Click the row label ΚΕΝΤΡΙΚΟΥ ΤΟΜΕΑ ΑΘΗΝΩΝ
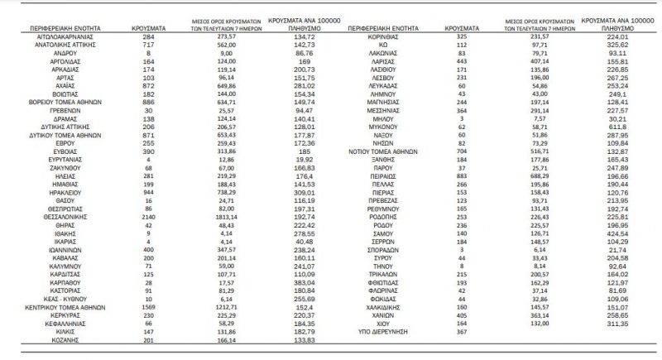coord(57,305)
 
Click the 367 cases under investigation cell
coord(452,332)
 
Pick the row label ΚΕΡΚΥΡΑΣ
coord(57,314)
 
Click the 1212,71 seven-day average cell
coord(218,305)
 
